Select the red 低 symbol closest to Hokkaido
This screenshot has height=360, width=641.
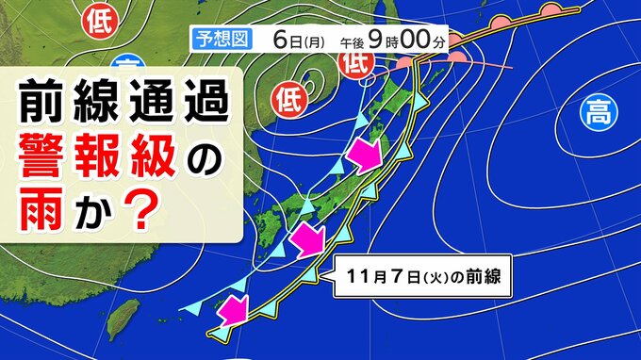click(x=355, y=65)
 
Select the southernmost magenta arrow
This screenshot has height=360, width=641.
click(x=232, y=308)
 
